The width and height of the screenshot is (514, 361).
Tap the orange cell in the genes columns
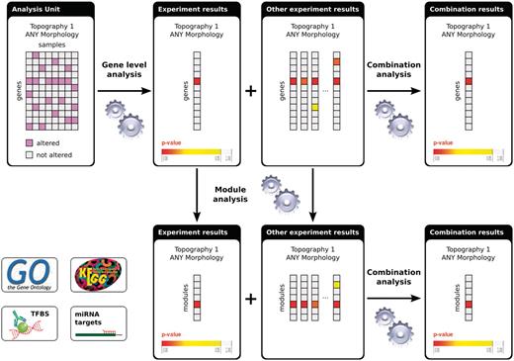(337, 61)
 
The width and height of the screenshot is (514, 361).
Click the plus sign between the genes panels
(250, 91)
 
